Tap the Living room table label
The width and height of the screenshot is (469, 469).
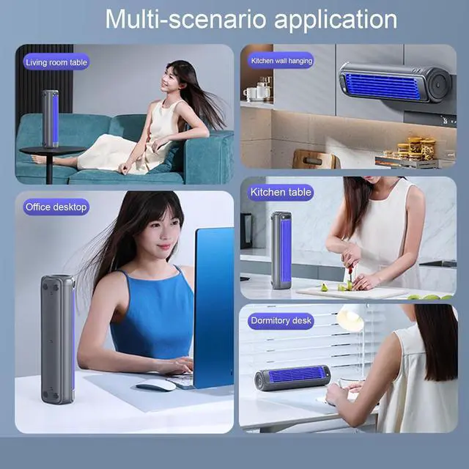[56, 62]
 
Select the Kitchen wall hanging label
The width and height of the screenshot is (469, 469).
[281, 61]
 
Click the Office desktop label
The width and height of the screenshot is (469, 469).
[56, 207]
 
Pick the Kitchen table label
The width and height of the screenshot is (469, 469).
[281, 193]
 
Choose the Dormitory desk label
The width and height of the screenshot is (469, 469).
[281, 320]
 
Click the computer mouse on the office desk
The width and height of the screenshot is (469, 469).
[156, 385]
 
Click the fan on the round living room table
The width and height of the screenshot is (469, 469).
[51, 118]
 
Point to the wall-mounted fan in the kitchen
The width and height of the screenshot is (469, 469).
[394, 84]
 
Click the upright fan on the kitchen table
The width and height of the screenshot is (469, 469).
[281, 250]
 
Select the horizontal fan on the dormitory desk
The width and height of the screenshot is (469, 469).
[292, 377]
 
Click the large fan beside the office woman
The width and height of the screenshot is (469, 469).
[57, 339]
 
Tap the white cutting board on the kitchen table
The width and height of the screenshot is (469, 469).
[352, 292]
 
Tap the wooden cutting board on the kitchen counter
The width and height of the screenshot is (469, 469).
[314, 159]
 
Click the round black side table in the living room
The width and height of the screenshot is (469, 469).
[52, 152]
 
